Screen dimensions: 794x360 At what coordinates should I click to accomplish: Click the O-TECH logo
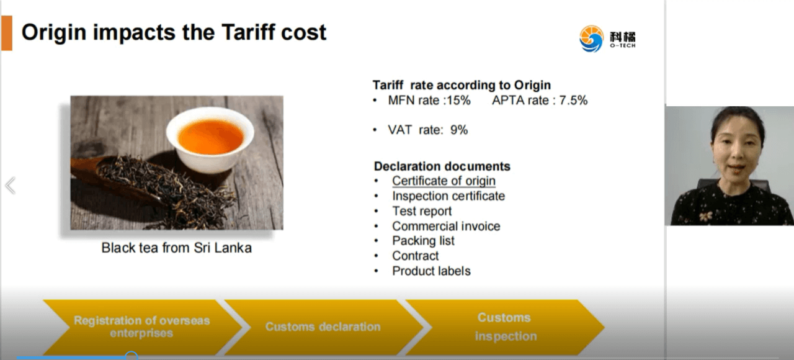[x=607, y=38]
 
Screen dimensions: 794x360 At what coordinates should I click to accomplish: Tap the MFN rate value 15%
[x=458, y=101]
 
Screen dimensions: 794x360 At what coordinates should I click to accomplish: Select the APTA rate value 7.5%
[x=573, y=101]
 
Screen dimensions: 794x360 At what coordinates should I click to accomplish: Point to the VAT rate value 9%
[x=459, y=130]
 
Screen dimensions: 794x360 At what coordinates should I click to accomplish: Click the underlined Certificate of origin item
[x=444, y=181]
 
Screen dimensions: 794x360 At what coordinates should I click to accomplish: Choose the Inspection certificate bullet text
[x=448, y=196]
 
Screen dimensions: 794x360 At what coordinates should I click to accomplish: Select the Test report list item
[x=422, y=211]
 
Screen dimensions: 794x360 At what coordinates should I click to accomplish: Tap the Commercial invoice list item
[x=446, y=226]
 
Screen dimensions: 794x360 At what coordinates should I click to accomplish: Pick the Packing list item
[x=423, y=241]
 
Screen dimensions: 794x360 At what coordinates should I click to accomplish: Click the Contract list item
[x=415, y=256]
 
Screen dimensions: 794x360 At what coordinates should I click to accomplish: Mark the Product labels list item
[x=431, y=271]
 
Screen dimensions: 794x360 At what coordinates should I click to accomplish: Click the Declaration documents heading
[x=442, y=166]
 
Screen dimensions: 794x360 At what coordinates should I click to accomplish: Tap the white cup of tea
[x=210, y=140]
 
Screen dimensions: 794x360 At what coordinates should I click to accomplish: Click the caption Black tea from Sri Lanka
[x=177, y=248]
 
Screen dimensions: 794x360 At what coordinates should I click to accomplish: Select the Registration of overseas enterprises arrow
[x=142, y=327]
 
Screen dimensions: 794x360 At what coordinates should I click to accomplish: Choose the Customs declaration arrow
[x=323, y=327]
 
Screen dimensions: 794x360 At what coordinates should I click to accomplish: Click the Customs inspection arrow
[x=504, y=327]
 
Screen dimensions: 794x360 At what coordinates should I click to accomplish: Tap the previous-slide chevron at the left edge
[x=11, y=186]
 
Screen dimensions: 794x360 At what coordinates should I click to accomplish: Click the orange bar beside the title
[x=7, y=33]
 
